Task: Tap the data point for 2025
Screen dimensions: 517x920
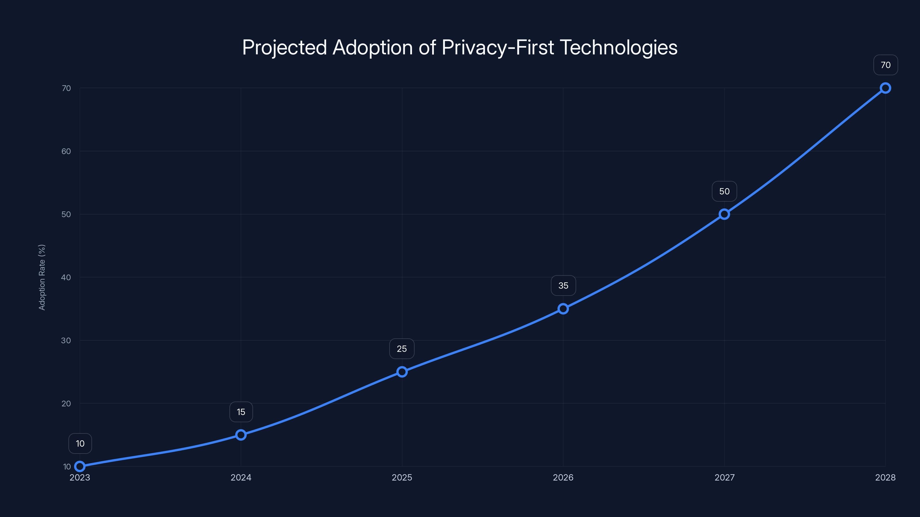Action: point(402,371)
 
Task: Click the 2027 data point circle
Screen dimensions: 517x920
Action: point(724,214)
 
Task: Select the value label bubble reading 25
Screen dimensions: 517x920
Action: point(402,349)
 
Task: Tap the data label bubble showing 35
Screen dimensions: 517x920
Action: point(563,285)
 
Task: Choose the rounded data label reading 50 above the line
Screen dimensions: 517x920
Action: point(724,191)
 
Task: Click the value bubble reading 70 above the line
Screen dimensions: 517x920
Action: point(885,65)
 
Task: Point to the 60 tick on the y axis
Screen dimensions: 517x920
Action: point(66,151)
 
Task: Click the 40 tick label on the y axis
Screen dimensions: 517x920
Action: point(66,277)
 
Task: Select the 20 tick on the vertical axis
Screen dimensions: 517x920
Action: point(66,404)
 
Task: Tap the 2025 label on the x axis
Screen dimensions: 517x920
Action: point(402,477)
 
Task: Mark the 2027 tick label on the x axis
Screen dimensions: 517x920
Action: point(724,477)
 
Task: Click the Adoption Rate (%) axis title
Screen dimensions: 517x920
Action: point(42,277)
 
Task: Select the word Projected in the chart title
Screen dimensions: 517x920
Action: point(284,47)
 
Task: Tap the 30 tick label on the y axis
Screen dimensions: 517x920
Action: point(66,340)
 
